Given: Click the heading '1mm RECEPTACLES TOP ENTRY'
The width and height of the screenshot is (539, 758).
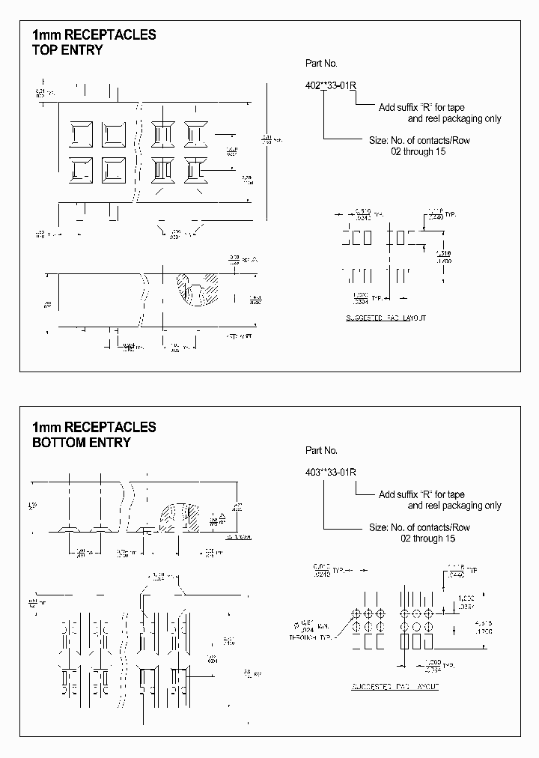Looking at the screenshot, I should (94, 43).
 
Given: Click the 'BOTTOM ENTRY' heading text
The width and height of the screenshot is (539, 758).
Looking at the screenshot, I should (81, 443).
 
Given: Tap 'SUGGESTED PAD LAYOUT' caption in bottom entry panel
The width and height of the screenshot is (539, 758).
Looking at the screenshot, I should (395, 686).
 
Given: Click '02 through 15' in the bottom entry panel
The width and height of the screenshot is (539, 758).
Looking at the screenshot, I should (427, 539).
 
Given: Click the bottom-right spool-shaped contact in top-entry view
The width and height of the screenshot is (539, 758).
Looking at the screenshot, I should (197, 169).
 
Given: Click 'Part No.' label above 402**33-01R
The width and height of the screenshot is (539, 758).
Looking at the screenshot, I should (322, 64).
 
